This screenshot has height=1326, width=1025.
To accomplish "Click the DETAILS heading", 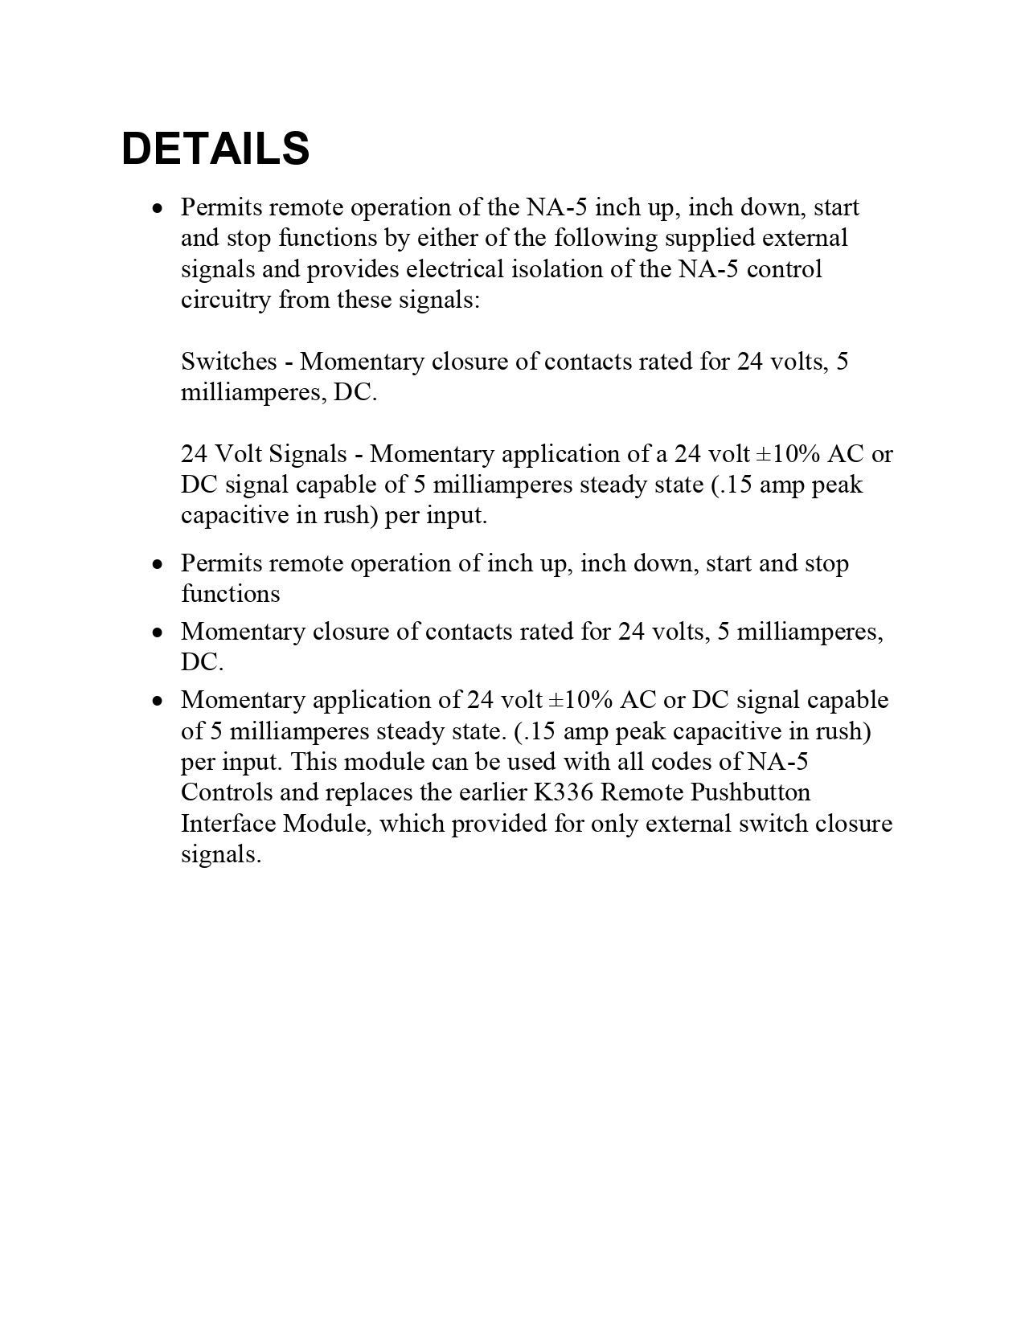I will (215, 149).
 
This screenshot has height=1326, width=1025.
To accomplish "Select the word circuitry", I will (226, 300).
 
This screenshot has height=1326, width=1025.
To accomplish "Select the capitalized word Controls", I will (226, 792).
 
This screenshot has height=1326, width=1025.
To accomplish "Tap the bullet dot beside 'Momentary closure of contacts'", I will (158, 632).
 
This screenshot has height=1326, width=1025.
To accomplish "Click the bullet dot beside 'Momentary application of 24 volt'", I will (158, 701).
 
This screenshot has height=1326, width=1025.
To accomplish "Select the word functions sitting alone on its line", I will (231, 594).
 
